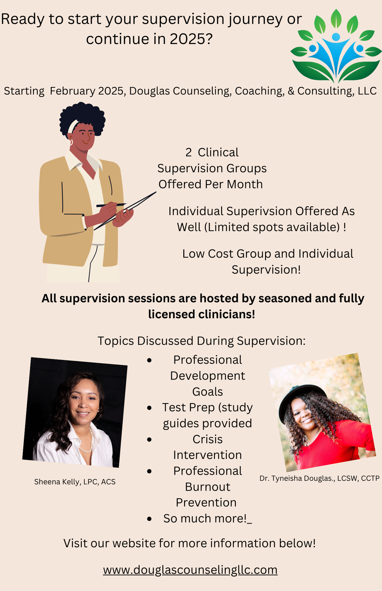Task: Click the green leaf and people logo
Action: [336, 46]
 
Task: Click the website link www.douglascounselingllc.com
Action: [190, 570]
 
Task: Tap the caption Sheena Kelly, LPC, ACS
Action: [75, 482]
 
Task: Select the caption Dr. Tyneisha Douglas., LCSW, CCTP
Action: [320, 478]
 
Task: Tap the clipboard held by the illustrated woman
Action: [125, 211]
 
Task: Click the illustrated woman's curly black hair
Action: [82, 117]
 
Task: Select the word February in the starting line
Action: [73, 91]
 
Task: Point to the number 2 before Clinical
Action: [189, 152]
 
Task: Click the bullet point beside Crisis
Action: [149, 439]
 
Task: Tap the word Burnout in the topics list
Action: [208, 487]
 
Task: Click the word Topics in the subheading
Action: [116, 341]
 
